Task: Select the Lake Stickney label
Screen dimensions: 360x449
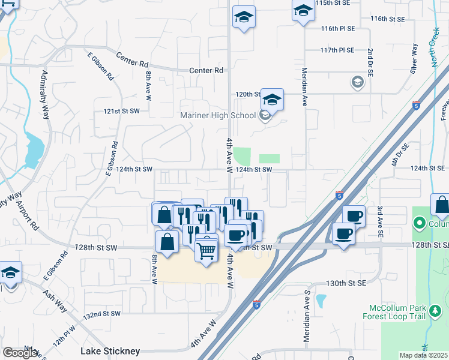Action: point(110,350)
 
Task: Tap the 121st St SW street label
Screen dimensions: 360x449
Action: point(121,112)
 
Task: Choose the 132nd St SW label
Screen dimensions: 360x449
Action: point(102,314)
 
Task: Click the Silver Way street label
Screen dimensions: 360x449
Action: point(414,59)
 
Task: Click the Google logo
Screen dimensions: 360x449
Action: point(20,353)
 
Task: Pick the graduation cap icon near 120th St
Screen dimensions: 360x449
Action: point(272,100)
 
